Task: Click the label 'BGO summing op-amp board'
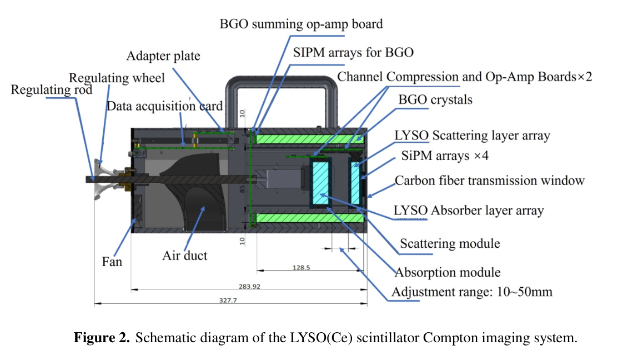(301, 24)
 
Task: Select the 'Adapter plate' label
(163, 56)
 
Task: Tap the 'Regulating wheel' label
(117, 78)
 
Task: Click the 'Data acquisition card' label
(164, 106)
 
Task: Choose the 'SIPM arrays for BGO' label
(353, 53)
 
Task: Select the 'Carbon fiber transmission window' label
(489, 181)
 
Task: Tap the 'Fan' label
(112, 261)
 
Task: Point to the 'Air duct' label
(184, 256)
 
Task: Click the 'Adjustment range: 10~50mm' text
(472, 292)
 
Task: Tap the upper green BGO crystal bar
(309, 137)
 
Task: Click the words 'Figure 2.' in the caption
(103, 338)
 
